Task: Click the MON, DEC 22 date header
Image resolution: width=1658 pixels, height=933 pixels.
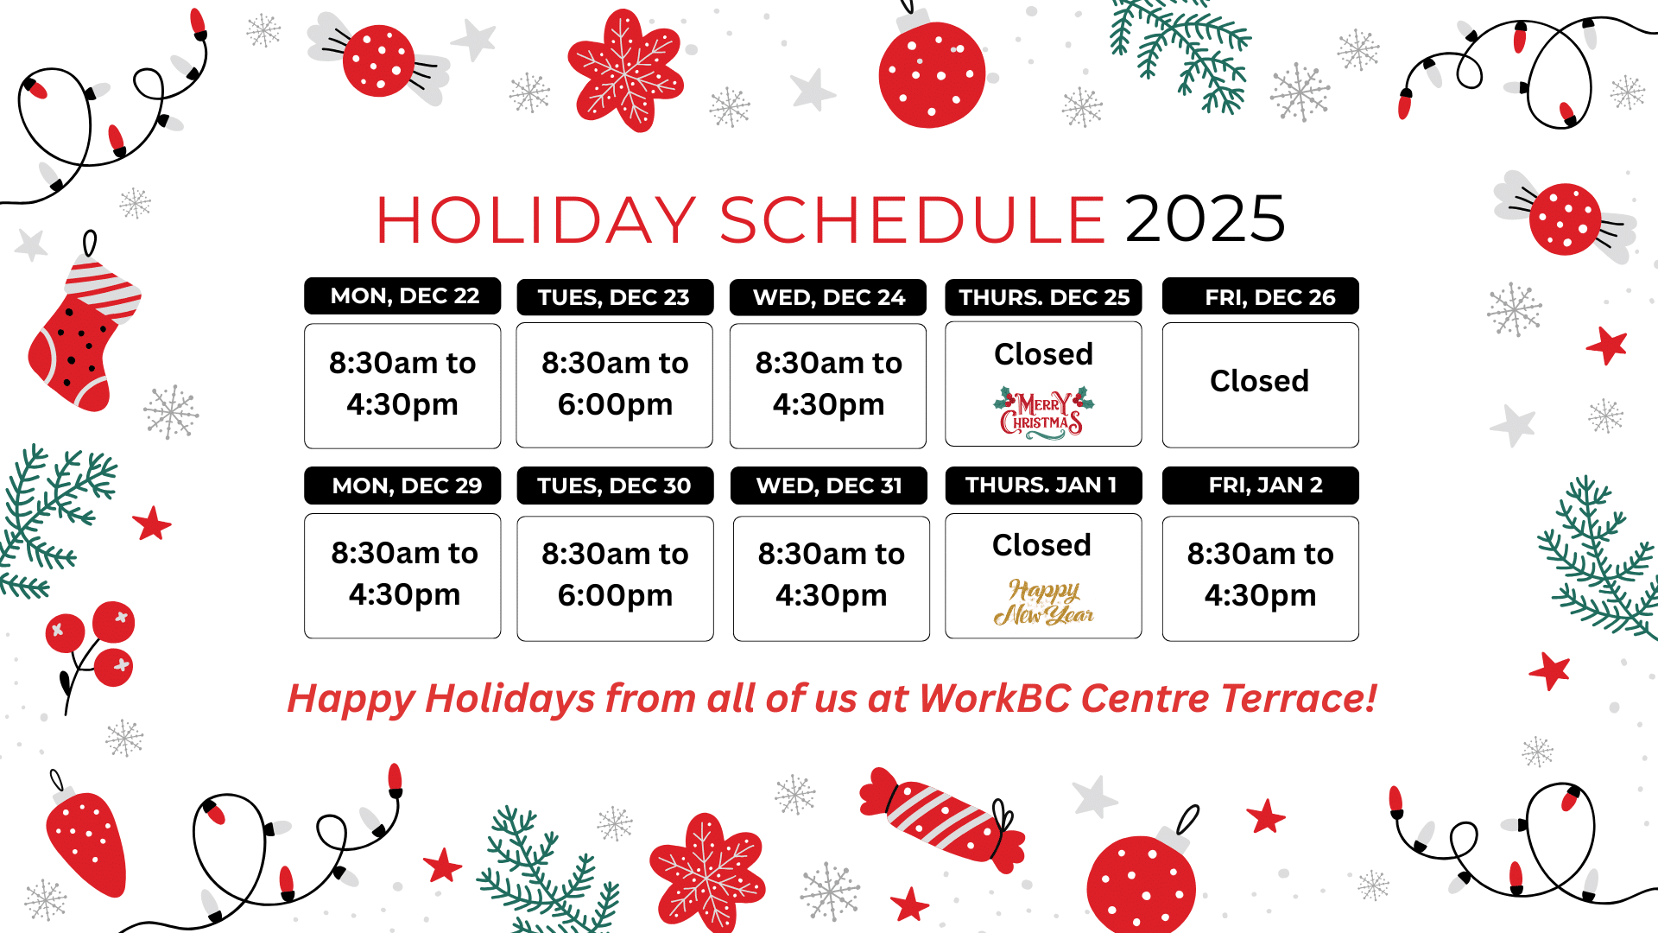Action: [402, 295]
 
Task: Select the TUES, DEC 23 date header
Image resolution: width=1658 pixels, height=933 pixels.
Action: [615, 297]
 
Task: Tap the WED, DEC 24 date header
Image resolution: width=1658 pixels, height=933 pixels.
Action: [828, 297]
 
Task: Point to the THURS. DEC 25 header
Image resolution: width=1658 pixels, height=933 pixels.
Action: [1043, 297]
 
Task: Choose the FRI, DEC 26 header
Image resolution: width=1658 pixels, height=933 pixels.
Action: [1261, 296]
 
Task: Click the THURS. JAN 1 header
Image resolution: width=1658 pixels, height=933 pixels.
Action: [1043, 486]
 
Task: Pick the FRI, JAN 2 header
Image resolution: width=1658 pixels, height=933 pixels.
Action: [1261, 486]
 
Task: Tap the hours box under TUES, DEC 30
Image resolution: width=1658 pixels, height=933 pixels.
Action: [615, 578]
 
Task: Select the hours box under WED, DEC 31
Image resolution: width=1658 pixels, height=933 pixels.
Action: [832, 578]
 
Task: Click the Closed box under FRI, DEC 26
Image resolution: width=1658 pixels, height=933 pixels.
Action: [1261, 385]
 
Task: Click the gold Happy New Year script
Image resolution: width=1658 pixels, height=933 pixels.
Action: [1043, 602]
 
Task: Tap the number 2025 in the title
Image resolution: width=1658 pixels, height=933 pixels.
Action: [1206, 219]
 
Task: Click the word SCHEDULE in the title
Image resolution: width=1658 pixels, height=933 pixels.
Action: [912, 219]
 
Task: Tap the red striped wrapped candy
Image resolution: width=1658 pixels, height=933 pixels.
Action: [942, 815]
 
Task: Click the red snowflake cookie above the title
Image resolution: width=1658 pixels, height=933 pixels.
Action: [626, 70]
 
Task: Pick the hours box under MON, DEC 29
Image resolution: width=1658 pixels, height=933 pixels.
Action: [402, 576]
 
